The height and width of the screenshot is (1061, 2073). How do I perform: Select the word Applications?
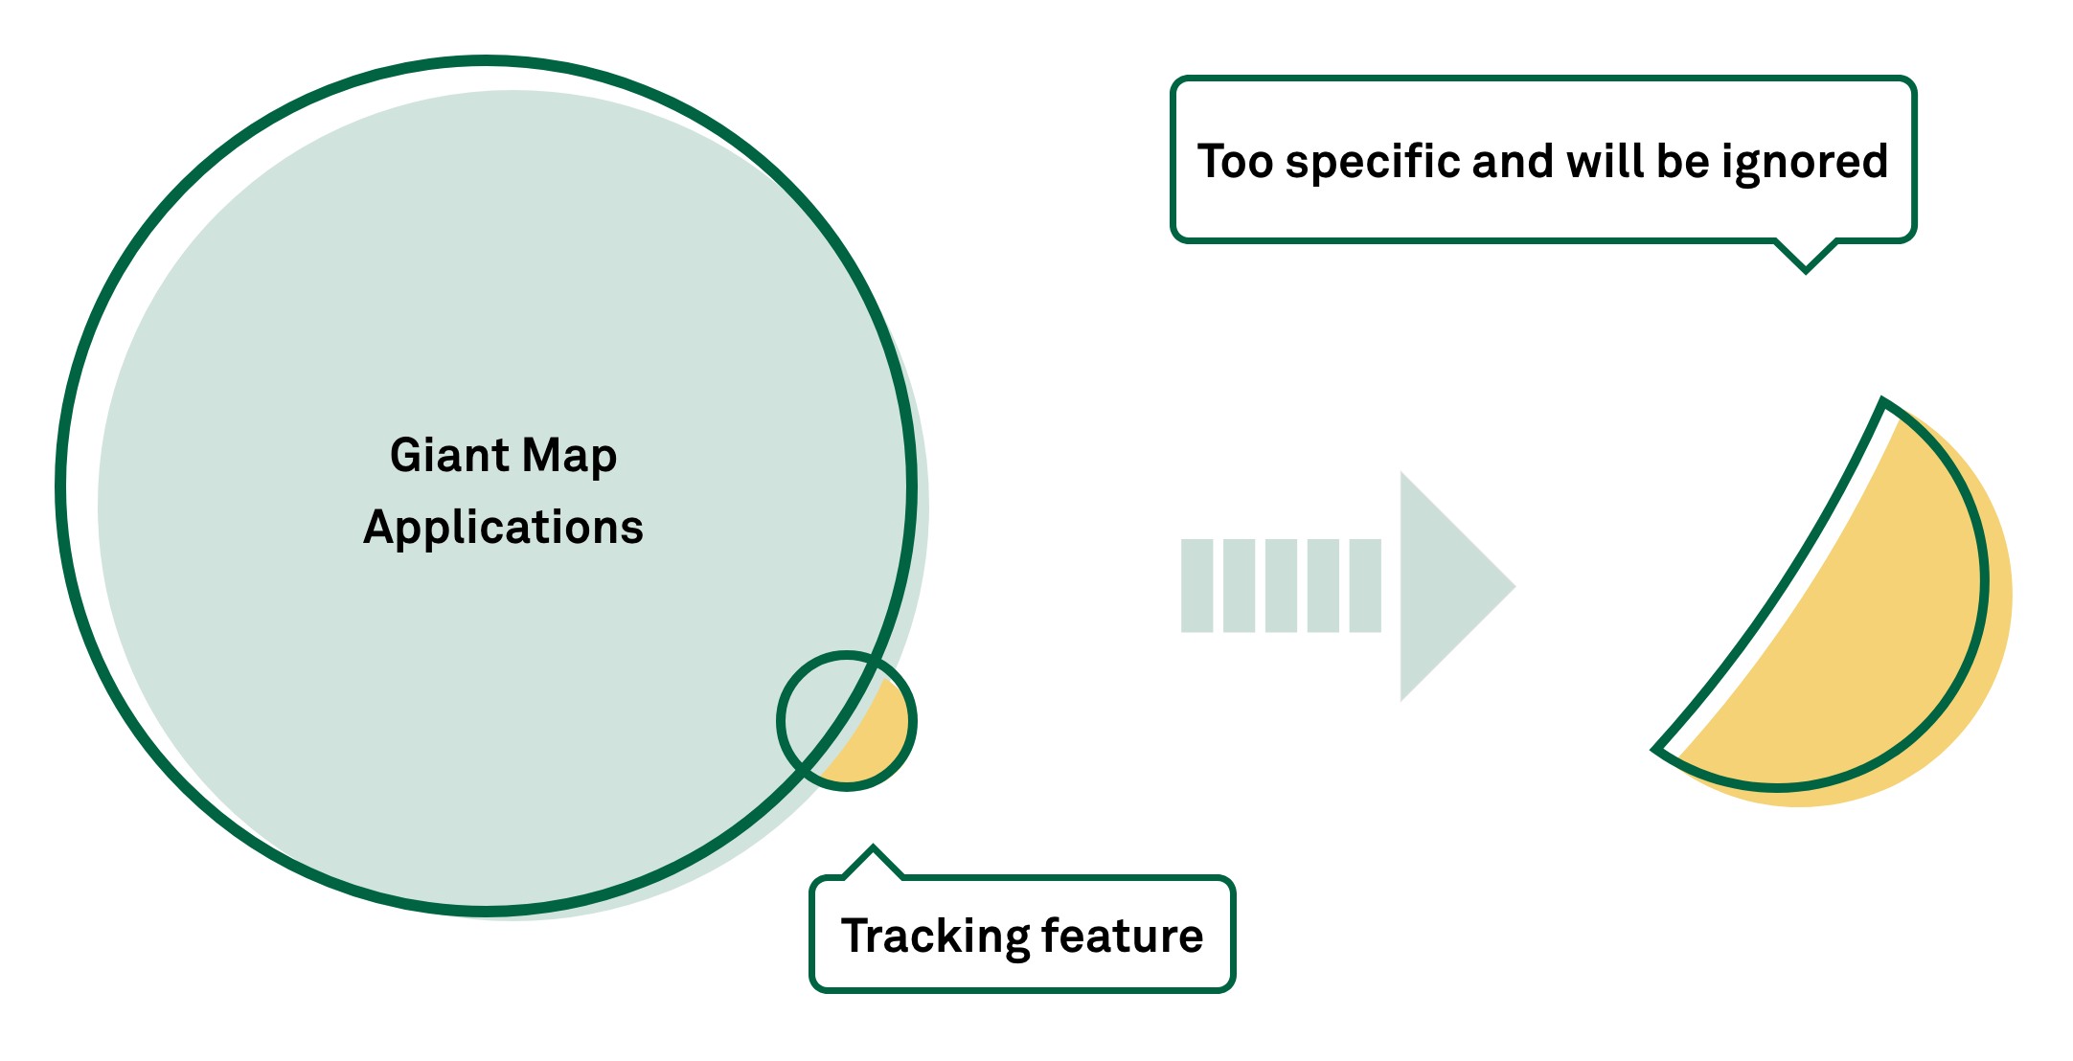coord(503,528)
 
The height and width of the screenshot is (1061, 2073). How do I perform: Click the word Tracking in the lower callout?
coord(934,937)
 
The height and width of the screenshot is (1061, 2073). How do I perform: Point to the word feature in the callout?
coord(1122,937)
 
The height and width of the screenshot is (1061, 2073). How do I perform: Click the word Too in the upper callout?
coord(1235,161)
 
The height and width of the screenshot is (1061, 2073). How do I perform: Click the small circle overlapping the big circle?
coord(846,721)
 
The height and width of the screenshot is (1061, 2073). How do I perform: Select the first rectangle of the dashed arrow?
coord(1196,586)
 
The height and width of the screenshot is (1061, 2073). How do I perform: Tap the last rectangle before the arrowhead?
coord(1365,586)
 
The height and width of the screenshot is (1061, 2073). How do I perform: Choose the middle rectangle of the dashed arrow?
coord(1281,586)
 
